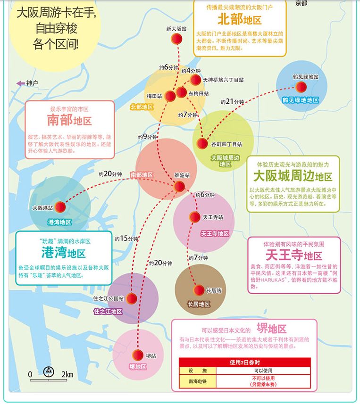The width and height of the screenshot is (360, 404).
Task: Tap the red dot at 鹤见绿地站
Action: point(301,86)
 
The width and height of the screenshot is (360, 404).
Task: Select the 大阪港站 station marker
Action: point(60,207)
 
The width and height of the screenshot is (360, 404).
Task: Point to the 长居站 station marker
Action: point(199,290)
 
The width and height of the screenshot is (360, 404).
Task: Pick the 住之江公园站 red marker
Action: point(132,298)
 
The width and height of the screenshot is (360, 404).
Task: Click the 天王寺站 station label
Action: point(212,217)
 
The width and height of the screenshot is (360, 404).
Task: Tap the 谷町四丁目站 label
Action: point(226,144)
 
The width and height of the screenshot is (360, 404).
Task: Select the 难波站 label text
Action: point(182,175)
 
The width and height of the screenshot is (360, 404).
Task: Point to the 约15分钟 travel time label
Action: point(126,239)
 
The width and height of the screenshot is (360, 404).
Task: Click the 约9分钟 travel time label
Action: point(148,137)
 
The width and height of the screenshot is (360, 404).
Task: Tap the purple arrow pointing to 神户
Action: point(20,83)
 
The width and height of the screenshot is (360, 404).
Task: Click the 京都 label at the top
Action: point(301,3)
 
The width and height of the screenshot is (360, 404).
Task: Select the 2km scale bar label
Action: point(67,374)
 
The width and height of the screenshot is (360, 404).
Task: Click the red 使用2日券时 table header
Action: point(245,363)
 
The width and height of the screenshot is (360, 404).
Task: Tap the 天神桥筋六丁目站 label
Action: point(224,80)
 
